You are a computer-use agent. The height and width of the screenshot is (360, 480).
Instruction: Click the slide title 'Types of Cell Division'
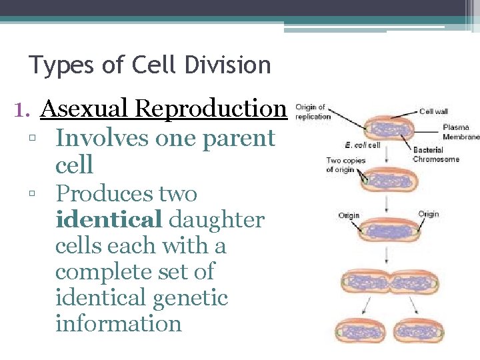[x=150, y=65]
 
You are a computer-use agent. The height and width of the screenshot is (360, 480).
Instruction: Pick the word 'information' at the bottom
[x=118, y=323]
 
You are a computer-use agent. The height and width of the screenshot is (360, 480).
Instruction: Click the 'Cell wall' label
[x=434, y=111]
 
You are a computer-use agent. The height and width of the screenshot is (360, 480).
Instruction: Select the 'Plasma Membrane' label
[x=461, y=132]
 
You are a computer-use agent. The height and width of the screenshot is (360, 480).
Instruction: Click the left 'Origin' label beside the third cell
[x=349, y=215]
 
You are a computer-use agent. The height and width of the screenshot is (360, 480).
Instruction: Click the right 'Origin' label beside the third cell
[x=429, y=214]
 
